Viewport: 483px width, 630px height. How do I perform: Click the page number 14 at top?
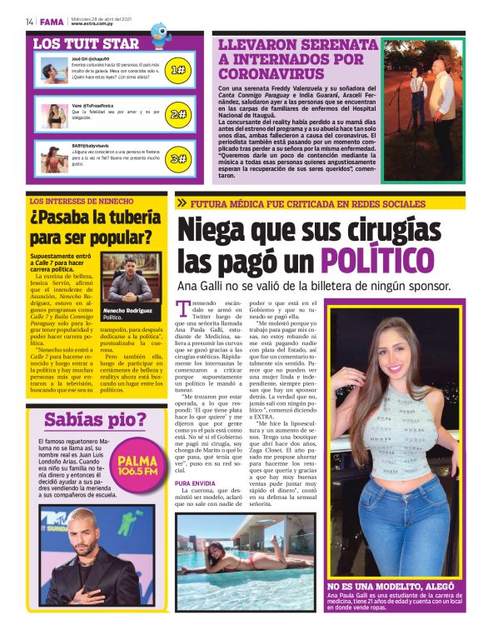click(x=29, y=22)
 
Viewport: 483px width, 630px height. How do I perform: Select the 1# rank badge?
click(x=177, y=70)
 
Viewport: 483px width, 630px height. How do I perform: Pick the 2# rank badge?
click(x=177, y=114)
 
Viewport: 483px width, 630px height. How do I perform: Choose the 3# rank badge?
click(x=177, y=157)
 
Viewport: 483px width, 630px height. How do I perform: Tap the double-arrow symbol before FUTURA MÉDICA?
click(x=182, y=203)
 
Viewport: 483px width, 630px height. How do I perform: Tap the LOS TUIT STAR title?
click(x=86, y=43)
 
